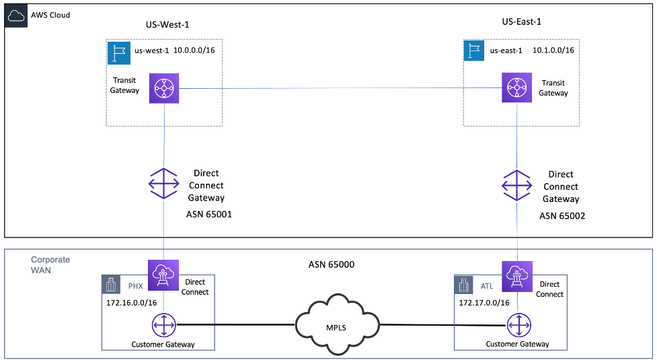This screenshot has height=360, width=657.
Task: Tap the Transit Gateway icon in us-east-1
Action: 516,88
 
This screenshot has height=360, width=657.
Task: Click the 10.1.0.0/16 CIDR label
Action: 553,50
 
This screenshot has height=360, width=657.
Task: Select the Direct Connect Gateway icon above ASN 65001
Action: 164,184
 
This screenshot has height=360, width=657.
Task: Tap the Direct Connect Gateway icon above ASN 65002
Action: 518,184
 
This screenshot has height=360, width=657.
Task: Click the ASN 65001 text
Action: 209,215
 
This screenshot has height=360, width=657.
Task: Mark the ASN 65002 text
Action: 562,216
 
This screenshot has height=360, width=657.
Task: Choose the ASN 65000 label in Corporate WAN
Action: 327,264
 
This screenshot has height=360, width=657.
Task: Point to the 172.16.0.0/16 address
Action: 132,303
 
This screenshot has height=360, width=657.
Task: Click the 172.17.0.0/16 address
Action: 484,303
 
